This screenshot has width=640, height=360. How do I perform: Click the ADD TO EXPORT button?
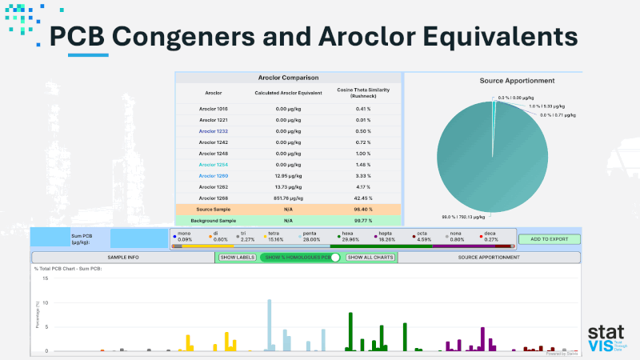tap(548, 239)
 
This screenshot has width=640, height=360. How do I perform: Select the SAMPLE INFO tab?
tap(123, 258)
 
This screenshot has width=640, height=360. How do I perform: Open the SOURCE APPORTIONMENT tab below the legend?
tap(489, 258)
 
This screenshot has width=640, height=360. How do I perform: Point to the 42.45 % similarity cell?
tap(364, 198)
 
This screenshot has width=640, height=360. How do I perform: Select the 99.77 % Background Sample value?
tap(364, 220)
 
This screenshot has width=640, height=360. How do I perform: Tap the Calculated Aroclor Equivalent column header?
tap(288, 93)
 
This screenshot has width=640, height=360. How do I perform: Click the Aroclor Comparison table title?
tap(288, 78)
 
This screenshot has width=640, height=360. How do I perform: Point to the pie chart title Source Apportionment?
tap(517, 81)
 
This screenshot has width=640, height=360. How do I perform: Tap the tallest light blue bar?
tap(270, 325)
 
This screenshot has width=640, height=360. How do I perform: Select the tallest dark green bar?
tap(351, 331)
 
